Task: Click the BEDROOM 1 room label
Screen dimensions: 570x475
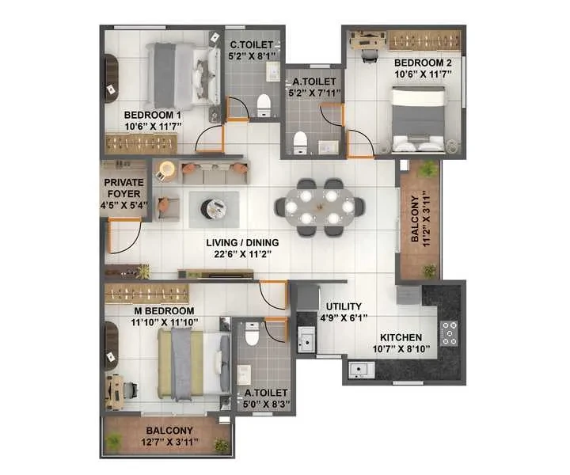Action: pos(152,115)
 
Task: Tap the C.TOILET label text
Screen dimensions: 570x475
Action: pos(251,44)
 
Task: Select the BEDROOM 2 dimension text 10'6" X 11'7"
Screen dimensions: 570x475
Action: pos(423,74)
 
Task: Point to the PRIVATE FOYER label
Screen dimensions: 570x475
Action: pos(124,188)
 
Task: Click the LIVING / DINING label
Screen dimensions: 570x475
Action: pos(242,242)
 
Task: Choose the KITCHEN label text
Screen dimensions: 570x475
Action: pos(401,337)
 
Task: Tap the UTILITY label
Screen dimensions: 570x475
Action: pos(344,306)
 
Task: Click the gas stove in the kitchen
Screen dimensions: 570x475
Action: pos(449,333)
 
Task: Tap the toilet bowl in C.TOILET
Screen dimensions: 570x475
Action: pos(264,104)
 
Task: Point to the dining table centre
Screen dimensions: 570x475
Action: pos(319,207)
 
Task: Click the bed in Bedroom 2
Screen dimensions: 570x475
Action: pos(419,119)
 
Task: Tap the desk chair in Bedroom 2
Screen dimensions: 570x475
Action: pos(370,55)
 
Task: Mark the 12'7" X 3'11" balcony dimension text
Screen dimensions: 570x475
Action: pos(169,442)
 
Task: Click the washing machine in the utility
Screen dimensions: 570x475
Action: pos(307,298)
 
